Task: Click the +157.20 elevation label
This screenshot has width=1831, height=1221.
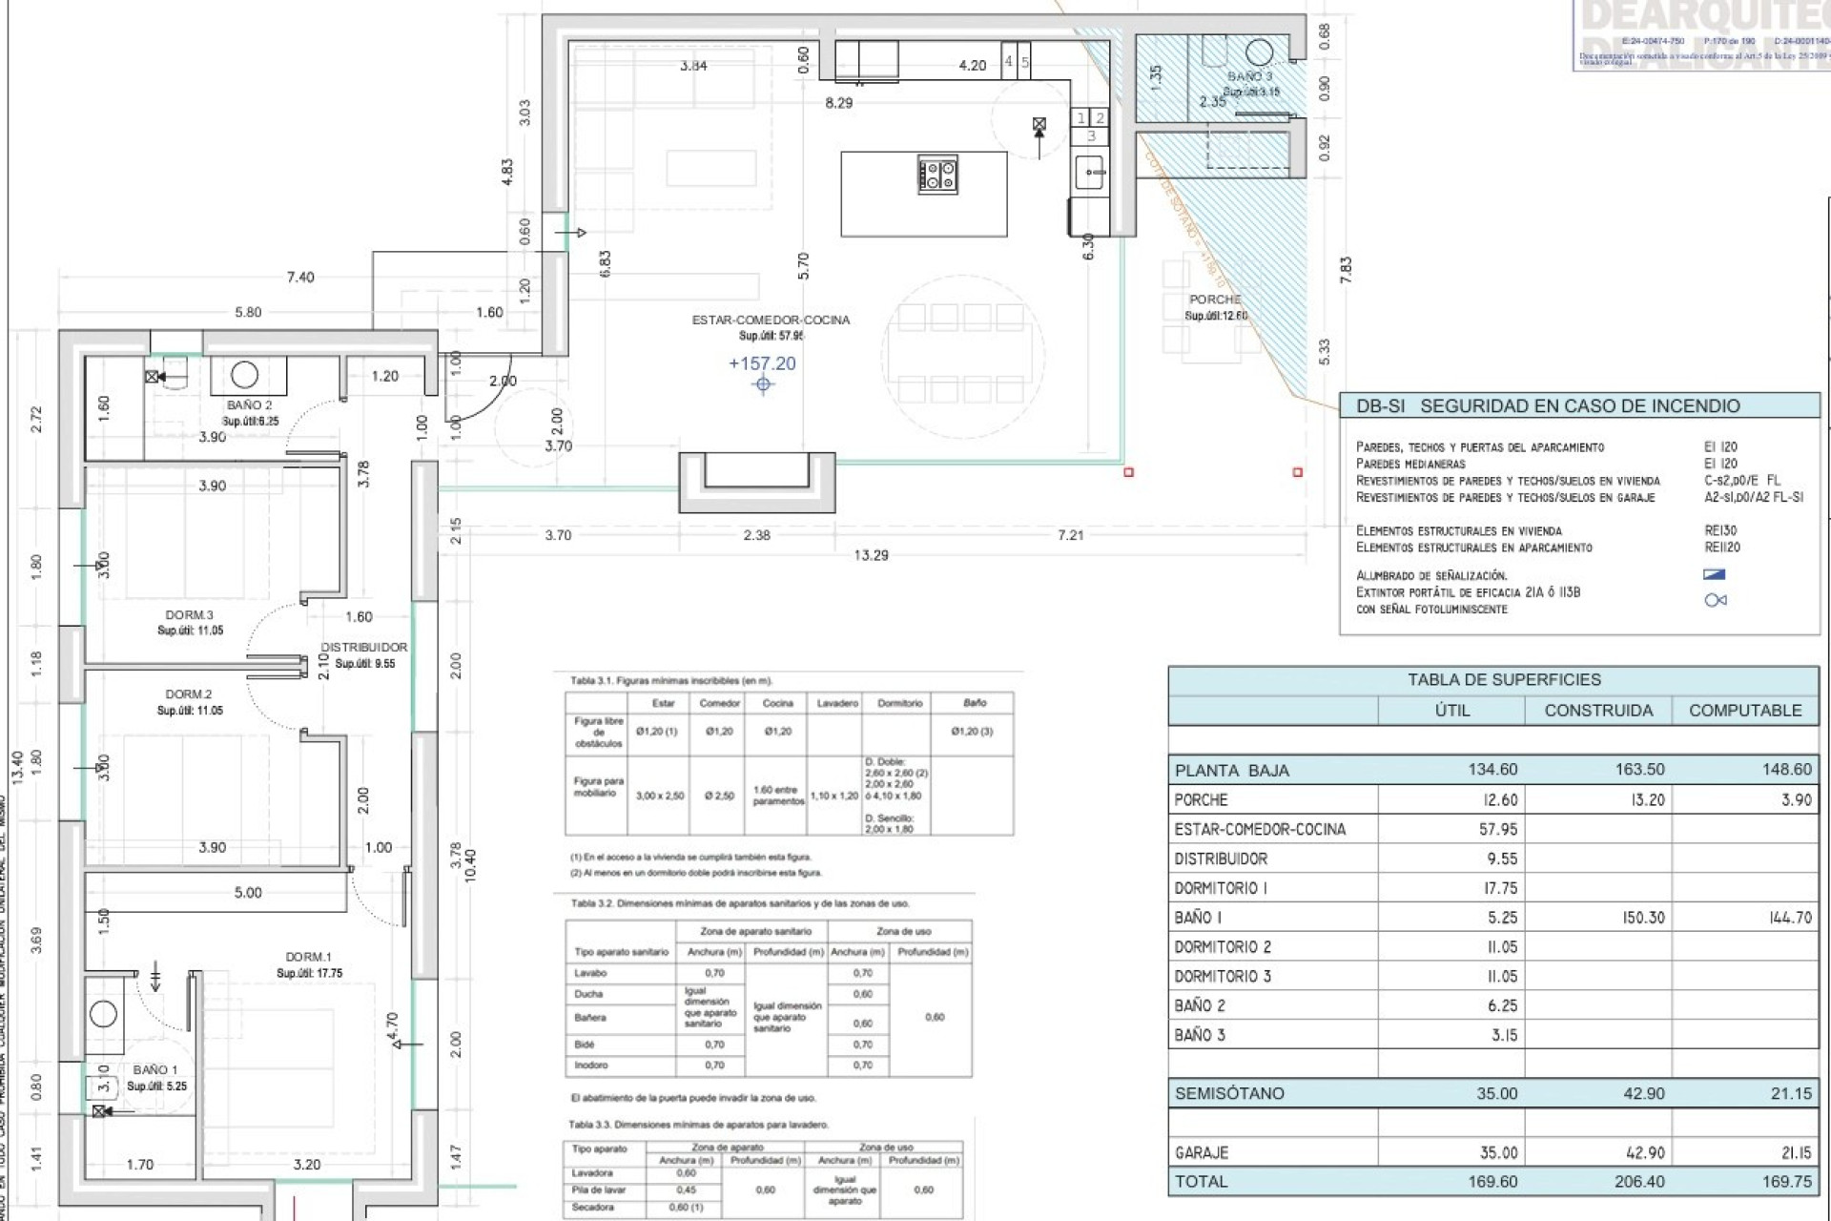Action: (762, 363)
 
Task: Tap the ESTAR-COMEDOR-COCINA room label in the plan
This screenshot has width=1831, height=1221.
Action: (771, 321)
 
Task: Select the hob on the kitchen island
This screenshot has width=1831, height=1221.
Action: (938, 175)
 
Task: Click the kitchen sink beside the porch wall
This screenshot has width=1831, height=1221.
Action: (1091, 173)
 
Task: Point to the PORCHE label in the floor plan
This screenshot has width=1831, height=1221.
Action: (1215, 300)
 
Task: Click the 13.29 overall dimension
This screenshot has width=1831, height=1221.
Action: (871, 555)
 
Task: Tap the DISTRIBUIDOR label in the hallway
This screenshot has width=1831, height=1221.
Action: (363, 648)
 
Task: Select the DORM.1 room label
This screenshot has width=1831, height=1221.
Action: (308, 957)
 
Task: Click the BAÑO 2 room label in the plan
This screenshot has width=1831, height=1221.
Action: (250, 405)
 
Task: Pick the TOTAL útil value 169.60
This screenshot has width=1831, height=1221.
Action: (1494, 1182)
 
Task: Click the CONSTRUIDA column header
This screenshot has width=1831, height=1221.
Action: (1598, 711)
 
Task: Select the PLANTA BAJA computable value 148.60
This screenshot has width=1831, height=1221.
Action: (1786, 770)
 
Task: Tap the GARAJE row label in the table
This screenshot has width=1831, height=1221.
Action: (1202, 1153)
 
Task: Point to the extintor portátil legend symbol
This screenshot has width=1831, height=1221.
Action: (1715, 600)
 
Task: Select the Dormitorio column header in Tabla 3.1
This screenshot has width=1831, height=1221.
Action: (899, 703)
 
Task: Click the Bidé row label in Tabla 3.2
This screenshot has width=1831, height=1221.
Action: (585, 1045)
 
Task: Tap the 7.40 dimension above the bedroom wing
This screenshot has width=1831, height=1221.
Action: (300, 278)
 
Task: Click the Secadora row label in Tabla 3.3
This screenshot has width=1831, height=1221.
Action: (592, 1208)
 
